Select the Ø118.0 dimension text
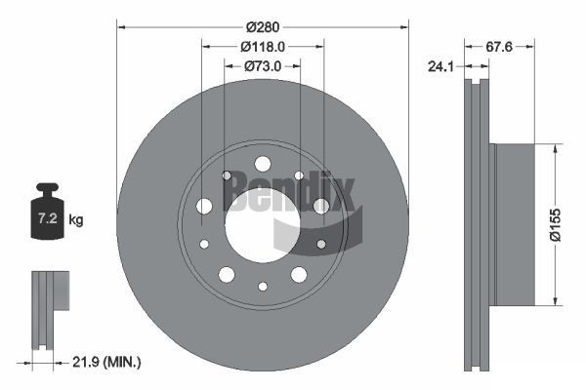coord(263,45)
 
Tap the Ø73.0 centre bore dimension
coord(262,65)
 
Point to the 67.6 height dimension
coord(501,45)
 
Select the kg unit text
coord(76,219)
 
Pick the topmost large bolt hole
coord(262,163)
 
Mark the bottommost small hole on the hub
coord(262,287)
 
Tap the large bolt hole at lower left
coord(226,274)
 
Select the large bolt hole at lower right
coord(298,274)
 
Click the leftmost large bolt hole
coord(204,206)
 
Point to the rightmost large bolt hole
coord(321,206)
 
